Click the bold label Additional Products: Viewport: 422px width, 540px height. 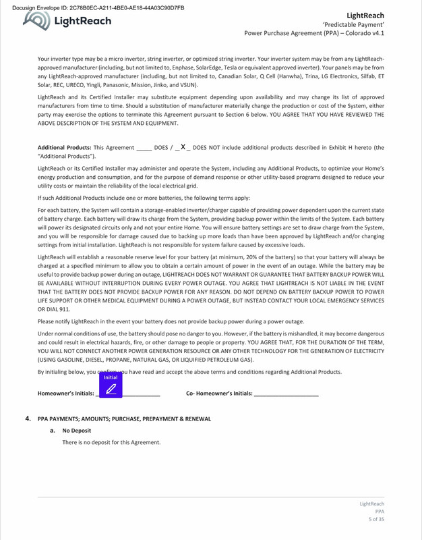[x=65, y=147]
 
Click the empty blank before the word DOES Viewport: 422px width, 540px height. [x=144, y=147]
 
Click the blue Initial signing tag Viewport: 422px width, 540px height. [x=111, y=387]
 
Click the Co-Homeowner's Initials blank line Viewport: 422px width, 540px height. [x=285, y=393]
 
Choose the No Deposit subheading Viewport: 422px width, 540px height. [x=76, y=430]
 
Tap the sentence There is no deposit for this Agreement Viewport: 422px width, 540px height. [x=111, y=442]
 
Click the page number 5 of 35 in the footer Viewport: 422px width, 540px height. [x=375, y=519]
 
